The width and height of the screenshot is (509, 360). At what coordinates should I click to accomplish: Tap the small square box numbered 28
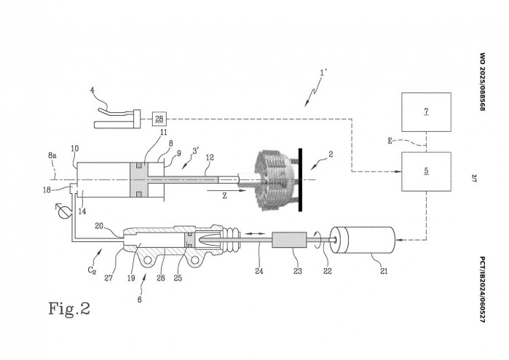(x=159, y=118)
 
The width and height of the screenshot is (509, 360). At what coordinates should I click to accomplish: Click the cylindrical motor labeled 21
(x=362, y=238)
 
